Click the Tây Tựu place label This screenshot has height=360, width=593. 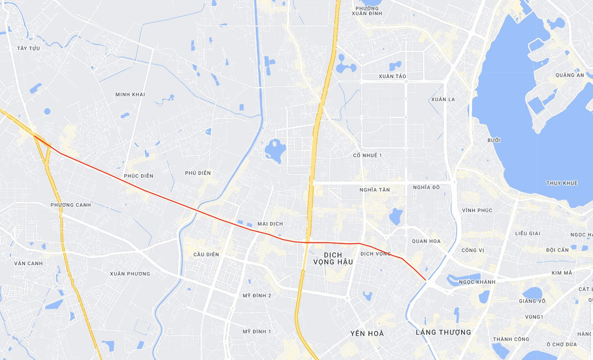coord(28,48)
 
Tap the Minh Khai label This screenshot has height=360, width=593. coord(130,94)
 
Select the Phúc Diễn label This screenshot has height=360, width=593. coord(138,176)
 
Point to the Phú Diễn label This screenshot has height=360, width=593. coord(198,173)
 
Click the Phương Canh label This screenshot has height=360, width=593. coord(71,205)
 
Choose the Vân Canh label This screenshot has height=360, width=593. coord(28,264)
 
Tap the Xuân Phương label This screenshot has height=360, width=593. coord(130,274)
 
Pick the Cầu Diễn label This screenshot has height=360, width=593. coord(206,255)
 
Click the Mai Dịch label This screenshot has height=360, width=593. coord(270,224)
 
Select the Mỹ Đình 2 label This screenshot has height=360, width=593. coord(256,296)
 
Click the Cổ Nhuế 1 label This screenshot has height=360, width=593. coord(368,156)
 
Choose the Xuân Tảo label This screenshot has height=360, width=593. coord(392,77)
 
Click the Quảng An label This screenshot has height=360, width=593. coord(569,75)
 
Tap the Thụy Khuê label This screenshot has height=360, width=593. coord(562,183)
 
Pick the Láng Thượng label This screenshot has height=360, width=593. coord(443,332)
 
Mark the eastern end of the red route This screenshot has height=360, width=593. coord(425,280)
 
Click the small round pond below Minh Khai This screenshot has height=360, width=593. coord(47,111)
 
